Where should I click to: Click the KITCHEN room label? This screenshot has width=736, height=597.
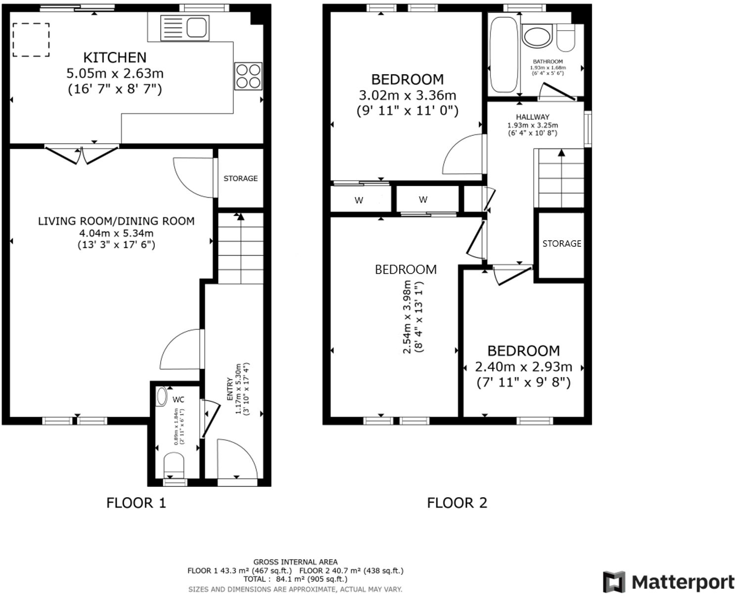(x=115, y=57)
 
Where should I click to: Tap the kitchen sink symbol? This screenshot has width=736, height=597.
(x=184, y=27)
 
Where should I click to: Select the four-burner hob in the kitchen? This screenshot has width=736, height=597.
(x=248, y=77)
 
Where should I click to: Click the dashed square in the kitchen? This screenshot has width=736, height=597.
(x=31, y=40)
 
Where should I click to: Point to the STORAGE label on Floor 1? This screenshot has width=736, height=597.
(x=240, y=178)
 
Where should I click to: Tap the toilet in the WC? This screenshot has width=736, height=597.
(x=174, y=465)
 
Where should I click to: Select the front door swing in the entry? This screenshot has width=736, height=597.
(x=237, y=459)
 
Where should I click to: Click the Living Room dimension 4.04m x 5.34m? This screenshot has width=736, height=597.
(x=116, y=233)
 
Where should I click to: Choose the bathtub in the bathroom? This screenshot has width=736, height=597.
(x=504, y=54)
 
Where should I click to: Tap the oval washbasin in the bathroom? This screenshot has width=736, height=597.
(x=536, y=37)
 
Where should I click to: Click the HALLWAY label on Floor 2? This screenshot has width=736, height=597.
(x=533, y=117)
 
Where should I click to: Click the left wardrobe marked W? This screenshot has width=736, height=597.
(x=359, y=200)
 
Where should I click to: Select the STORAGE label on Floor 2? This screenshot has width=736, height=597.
(x=561, y=244)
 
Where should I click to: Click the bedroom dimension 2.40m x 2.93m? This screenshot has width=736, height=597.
(x=523, y=367)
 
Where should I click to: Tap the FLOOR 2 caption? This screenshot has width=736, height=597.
(x=457, y=503)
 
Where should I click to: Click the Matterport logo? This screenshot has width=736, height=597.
(x=668, y=582)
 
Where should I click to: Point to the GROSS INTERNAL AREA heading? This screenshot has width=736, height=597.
(x=295, y=562)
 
